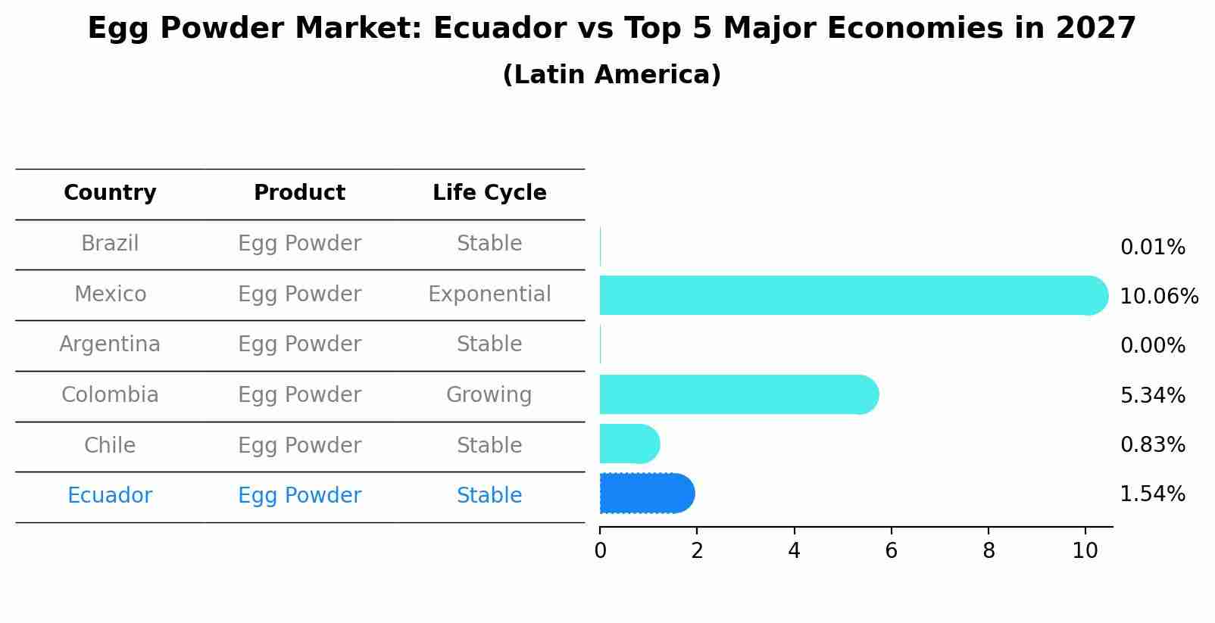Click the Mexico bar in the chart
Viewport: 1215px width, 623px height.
click(x=848, y=295)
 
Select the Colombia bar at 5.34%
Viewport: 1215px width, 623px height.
click(x=735, y=394)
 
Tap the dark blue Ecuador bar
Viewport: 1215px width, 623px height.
click(x=645, y=494)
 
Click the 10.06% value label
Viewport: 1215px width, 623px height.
click(x=1158, y=297)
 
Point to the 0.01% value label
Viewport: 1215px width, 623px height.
click(x=1152, y=248)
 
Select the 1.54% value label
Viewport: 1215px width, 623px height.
click(x=1152, y=494)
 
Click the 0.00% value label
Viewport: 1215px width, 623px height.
click(x=1152, y=346)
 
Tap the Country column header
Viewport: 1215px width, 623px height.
click(x=110, y=193)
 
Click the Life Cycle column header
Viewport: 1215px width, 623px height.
click(x=489, y=193)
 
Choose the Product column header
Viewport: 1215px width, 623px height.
click(x=299, y=193)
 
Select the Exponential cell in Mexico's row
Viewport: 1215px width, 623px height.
click(x=489, y=294)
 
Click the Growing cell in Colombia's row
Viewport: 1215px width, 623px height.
click(x=489, y=395)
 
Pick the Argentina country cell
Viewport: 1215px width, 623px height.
click(x=110, y=344)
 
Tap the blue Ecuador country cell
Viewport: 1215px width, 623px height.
click(x=110, y=496)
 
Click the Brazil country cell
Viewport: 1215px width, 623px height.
click(x=110, y=244)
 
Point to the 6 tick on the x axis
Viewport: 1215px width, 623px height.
click(x=891, y=551)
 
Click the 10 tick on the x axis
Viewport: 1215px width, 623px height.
click(x=1085, y=551)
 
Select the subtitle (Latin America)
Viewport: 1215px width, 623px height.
click(x=611, y=75)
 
